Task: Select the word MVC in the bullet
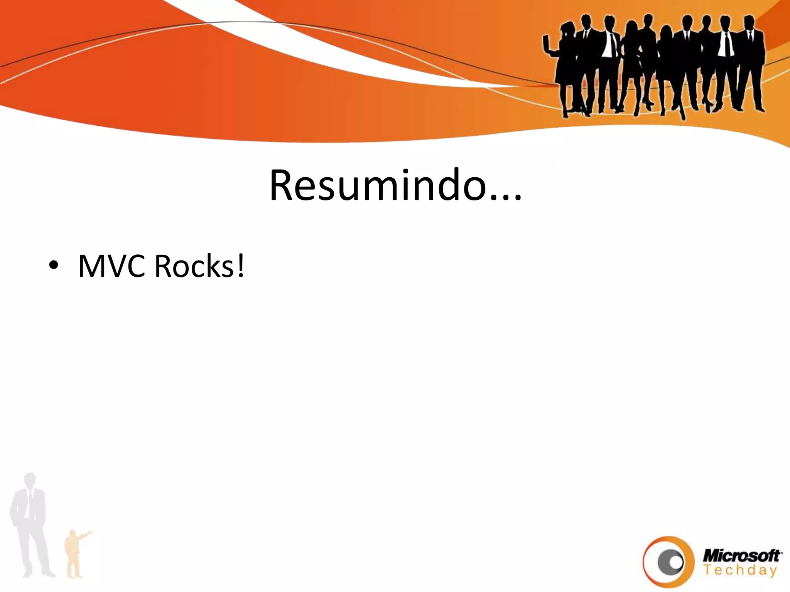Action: tap(111, 266)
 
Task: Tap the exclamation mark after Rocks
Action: tap(240, 266)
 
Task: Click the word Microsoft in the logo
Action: tap(742, 556)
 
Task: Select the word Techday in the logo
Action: tap(740, 570)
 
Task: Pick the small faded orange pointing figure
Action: tap(73, 555)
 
